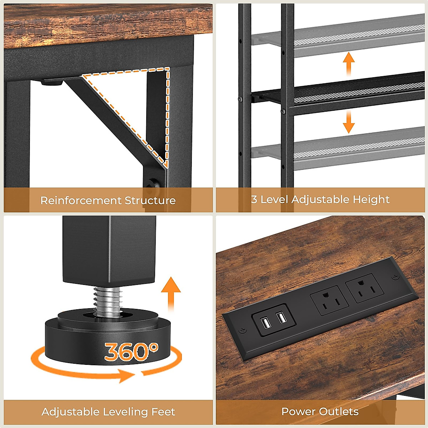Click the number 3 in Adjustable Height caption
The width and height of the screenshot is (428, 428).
point(254,199)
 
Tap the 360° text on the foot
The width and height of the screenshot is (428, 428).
point(131,351)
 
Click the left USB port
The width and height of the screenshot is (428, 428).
point(265,323)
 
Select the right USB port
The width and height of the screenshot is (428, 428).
point(282,317)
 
